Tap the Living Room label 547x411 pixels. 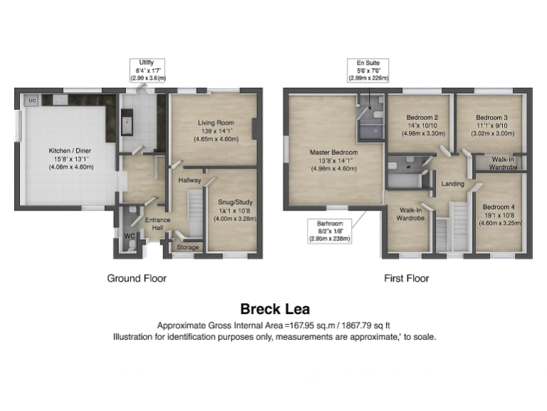[215, 123]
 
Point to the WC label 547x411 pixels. [129, 235]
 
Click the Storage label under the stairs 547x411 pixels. [188, 248]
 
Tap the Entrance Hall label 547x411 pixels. [158, 223]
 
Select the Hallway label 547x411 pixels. [190, 181]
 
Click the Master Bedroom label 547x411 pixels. [333, 152]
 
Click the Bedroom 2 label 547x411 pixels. [422, 117]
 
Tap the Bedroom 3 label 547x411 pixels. [491, 117]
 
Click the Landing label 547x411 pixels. [452, 184]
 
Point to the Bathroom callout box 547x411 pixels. [330, 231]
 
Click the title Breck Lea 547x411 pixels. [273, 309]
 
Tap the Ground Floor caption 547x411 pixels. [137, 278]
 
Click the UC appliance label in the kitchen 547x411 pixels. [31, 101]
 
